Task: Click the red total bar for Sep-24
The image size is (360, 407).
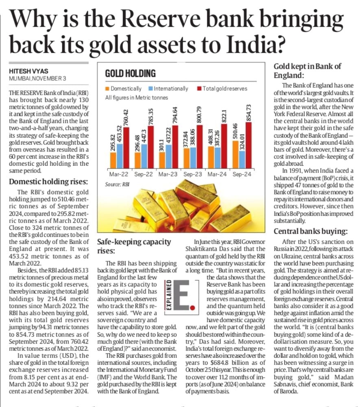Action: tap(248, 145)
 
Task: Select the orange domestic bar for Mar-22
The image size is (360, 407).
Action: tap(113, 160)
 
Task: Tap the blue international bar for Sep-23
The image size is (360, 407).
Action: tap(193, 158)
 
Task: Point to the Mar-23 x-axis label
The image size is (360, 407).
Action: tap(168, 174)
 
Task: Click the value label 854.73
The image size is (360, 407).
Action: tap(249, 112)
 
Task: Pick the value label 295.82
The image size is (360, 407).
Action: tap(113, 142)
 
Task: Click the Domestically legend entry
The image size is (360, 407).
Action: tap(124, 89)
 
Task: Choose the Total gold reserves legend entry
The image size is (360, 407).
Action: tap(222, 89)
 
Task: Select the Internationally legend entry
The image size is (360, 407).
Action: tap(168, 89)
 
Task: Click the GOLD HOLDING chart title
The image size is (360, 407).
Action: tap(130, 73)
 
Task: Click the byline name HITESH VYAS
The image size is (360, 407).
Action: tap(28, 71)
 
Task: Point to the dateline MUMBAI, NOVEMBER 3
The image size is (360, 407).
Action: tap(37, 78)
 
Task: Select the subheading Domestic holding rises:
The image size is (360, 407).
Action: tap(48, 182)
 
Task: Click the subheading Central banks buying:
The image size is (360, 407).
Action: tap(311, 231)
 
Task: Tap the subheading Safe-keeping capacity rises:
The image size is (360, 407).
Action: tap(134, 246)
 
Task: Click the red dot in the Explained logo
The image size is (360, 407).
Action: tap(192, 308)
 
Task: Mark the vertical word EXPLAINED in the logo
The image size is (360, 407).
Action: tap(168, 295)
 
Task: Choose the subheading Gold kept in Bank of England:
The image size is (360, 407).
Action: tap(308, 70)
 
